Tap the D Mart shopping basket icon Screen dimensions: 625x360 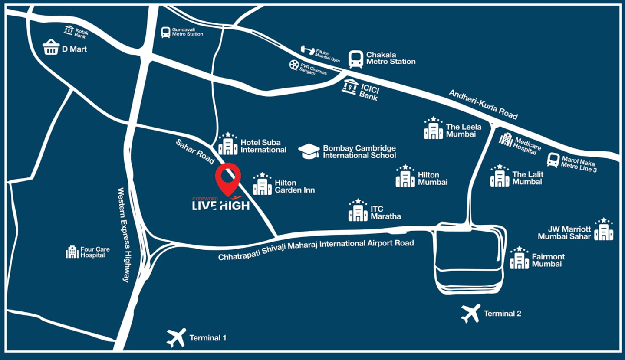(51, 48)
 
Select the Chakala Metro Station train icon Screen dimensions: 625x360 (355, 59)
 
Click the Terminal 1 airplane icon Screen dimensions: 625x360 (176, 337)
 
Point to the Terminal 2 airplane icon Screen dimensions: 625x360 (470, 313)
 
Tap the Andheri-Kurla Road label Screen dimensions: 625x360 (483, 105)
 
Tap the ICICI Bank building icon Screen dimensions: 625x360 (350, 87)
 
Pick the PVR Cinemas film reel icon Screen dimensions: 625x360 (294, 65)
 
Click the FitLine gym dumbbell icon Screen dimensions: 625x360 (307, 50)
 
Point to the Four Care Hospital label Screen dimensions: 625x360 (95, 252)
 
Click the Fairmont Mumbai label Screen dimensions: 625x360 (548, 260)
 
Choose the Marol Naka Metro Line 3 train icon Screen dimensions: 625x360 (553, 160)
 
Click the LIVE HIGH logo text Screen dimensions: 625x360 (220, 205)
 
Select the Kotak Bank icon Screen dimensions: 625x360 (69, 30)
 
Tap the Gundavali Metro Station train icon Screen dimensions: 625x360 (165, 32)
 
